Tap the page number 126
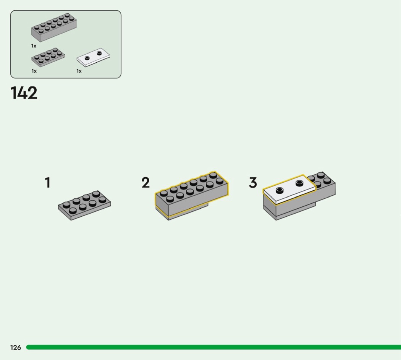(16, 347)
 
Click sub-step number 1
(48, 183)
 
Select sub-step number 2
(146, 183)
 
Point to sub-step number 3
(253, 183)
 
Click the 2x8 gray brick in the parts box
(54, 28)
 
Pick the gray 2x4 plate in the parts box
(48, 57)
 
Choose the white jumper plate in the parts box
(93, 57)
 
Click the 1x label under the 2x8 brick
(34, 46)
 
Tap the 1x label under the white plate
(79, 71)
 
